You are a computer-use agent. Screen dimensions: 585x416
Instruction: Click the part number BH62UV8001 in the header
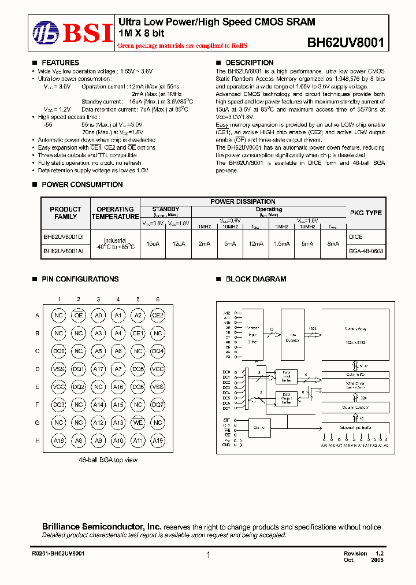click(346, 43)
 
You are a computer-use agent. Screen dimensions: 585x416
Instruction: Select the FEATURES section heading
click(60, 62)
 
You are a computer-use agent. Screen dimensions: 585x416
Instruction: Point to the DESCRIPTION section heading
click(249, 62)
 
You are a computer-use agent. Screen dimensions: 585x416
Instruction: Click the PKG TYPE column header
click(366, 213)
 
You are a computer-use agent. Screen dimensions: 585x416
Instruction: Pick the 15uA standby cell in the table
click(153, 244)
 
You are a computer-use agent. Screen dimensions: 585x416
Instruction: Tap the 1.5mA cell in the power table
click(281, 244)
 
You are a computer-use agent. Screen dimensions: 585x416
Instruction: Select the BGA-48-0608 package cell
click(366, 251)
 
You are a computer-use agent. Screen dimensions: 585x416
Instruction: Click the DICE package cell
click(356, 236)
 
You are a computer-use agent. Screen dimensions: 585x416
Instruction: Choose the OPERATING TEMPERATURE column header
click(115, 213)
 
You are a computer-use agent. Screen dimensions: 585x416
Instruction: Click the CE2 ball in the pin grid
click(157, 315)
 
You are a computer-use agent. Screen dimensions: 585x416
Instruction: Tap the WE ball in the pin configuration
click(138, 423)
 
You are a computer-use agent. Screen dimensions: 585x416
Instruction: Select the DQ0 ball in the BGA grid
click(58, 351)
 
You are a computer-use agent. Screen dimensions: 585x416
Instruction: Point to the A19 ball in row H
click(157, 440)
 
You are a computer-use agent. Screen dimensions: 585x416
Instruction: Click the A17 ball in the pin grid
click(98, 369)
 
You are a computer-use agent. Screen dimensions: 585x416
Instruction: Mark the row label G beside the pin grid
click(38, 423)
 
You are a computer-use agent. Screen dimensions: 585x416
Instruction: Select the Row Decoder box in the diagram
click(292, 333)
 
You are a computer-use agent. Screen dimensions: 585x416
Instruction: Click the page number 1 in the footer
click(208, 555)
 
